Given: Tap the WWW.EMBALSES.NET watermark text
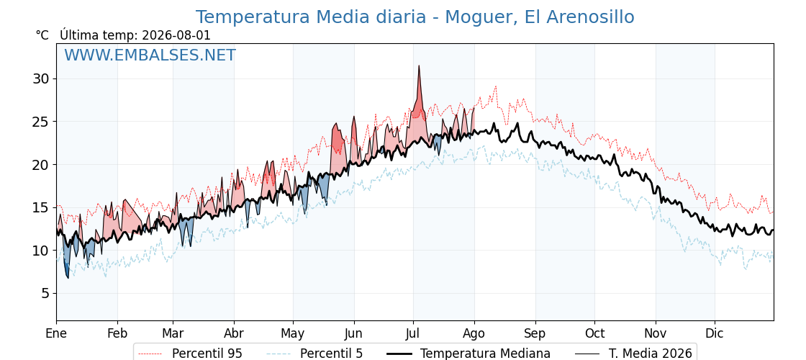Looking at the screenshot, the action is pyautogui.click(x=150, y=55).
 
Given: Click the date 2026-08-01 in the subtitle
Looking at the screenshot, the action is pyautogui.click(x=176, y=35).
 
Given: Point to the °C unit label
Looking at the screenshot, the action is pyautogui.click(x=42, y=35).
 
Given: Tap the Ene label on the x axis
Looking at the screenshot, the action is pyautogui.click(x=56, y=334).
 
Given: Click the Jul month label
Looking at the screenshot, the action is pyautogui.click(x=413, y=334).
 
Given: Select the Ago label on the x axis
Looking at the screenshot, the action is pyautogui.click(x=474, y=334).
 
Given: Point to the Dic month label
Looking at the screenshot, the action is pyautogui.click(x=715, y=334).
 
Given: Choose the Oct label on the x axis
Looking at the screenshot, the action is pyautogui.click(x=594, y=334).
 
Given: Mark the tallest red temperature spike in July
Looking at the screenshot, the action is pyautogui.click(x=419, y=66).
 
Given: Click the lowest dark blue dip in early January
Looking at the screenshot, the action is pyautogui.click(x=68, y=278).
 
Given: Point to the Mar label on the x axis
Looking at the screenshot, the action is pyautogui.click(x=173, y=334).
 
